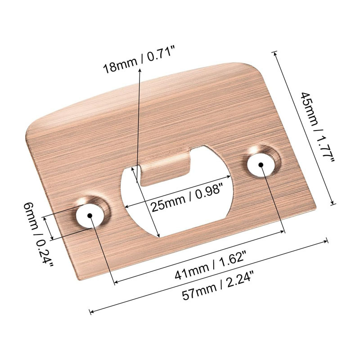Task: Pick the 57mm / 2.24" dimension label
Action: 220,293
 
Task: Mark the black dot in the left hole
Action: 90,216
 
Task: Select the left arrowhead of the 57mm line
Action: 92,311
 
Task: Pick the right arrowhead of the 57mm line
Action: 327,241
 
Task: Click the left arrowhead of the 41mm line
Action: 115,283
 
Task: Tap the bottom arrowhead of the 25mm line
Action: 158,235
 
